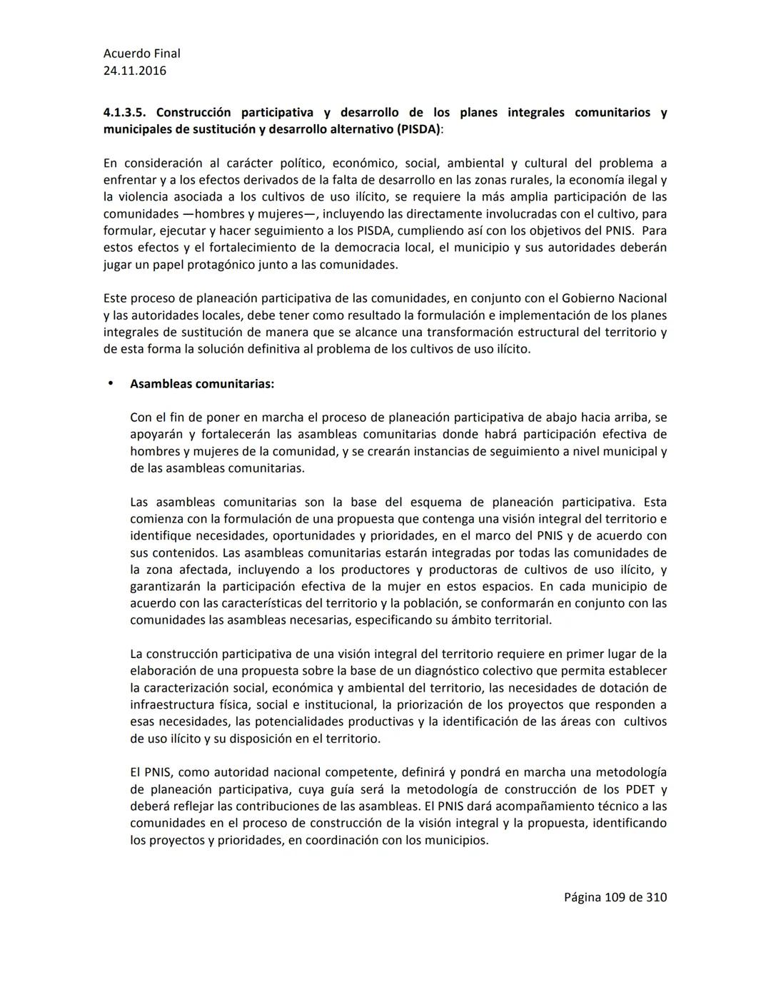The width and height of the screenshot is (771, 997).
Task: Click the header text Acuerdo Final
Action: pyautogui.click(x=141, y=54)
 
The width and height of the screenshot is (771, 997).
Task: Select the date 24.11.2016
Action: pyautogui.click(x=134, y=71)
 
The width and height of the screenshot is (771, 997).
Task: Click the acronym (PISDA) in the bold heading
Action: pyautogui.click(x=418, y=129)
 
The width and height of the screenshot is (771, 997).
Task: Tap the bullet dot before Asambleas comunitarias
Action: pyautogui.click(x=110, y=383)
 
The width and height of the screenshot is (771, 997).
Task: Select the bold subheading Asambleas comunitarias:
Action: pyautogui.click(x=201, y=384)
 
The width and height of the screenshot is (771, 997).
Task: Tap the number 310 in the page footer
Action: pyautogui.click(x=656, y=897)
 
